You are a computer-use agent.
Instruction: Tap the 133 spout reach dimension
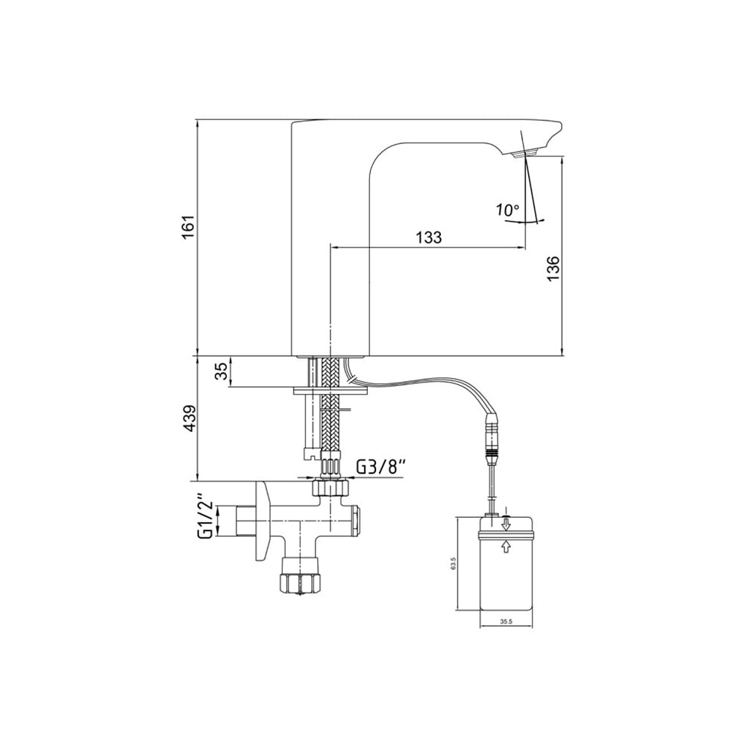click(429, 237)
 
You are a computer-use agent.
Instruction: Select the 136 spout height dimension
click(553, 268)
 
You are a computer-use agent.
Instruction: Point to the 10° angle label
click(507, 210)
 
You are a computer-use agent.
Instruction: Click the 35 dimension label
click(221, 372)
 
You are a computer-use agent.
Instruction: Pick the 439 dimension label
click(189, 419)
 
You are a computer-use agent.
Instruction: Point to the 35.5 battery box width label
click(506, 621)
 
